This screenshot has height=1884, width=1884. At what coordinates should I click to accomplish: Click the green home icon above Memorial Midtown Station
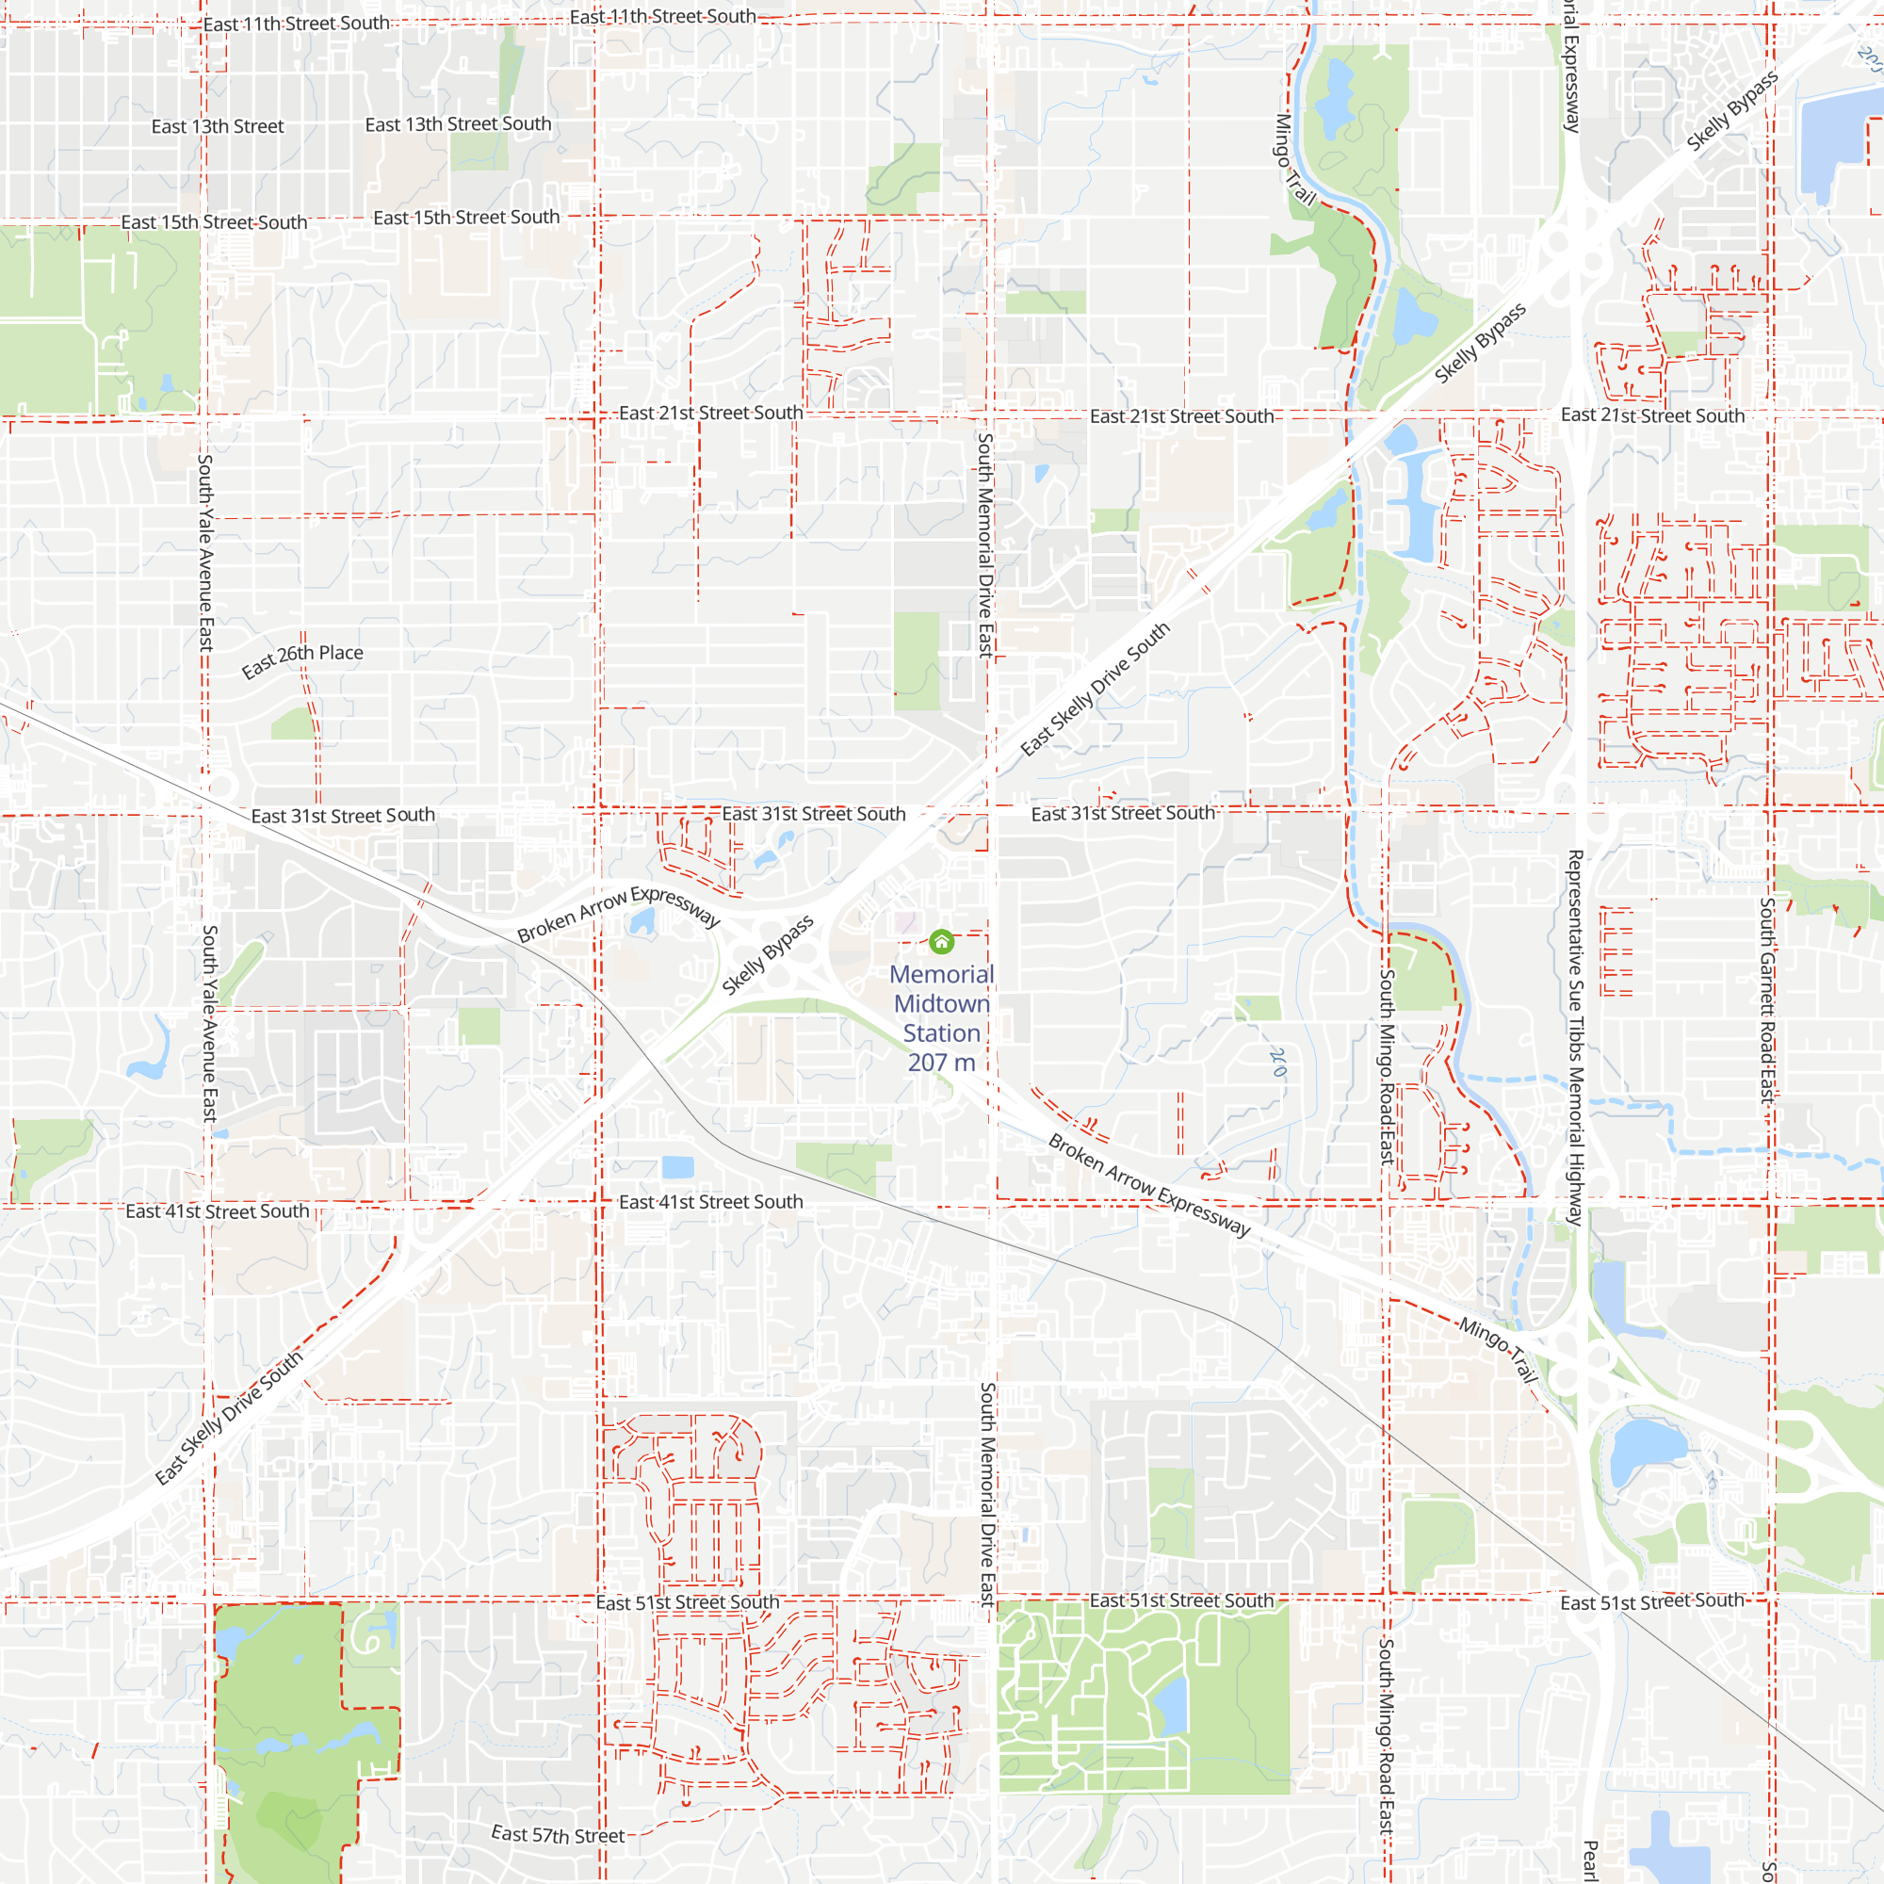(941, 941)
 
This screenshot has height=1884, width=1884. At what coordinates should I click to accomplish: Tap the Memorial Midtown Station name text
(941, 1003)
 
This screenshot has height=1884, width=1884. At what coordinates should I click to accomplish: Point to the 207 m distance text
(941, 1063)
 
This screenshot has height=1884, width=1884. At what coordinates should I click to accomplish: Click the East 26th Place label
(302, 659)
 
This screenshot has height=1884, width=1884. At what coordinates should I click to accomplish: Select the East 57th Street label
(558, 1834)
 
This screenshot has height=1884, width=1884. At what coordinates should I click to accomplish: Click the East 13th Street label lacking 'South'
(218, 127)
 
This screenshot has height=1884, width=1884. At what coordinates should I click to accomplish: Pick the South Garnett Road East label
(1767, 999)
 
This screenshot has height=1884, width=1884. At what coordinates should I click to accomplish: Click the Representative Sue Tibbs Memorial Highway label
(1574, 1037)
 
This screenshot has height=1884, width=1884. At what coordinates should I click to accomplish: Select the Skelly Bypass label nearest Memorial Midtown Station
(768, 955)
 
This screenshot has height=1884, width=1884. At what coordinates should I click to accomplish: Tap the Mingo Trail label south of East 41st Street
(1498, 1351)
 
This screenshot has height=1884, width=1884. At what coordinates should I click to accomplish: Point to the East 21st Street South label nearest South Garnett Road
(1652, 415)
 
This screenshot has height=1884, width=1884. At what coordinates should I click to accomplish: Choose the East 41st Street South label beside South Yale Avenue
(218, 1211)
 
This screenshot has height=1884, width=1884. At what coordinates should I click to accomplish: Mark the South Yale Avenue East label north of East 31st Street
(205, 552)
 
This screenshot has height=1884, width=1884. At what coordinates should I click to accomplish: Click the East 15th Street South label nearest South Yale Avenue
(215, 222)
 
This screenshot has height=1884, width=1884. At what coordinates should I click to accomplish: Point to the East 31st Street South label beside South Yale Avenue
(343, 815)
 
